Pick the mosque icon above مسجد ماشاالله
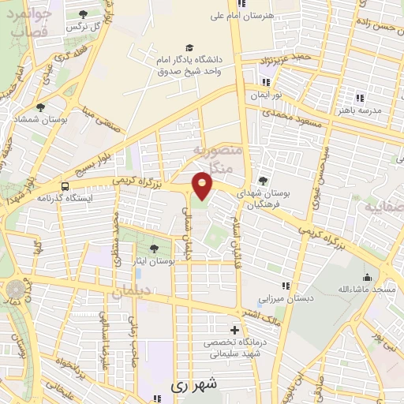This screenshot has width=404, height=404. pyautogui.click(x=367, y=277)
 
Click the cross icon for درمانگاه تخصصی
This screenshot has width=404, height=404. pyautogui.click(x=233, y=330)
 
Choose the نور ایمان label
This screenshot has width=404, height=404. pyautogui.click(x=266, y=95)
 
